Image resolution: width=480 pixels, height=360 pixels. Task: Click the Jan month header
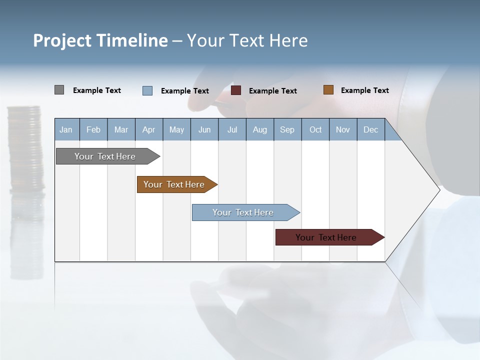pyautogui.click(x=66, y=129)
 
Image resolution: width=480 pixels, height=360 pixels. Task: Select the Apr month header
pyautogui.click(x=149, y=129)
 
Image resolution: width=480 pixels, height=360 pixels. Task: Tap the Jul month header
pyautogui.click(x=232, y=129)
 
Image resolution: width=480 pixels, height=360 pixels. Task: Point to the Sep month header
pyautogui.click(x=287, y=129)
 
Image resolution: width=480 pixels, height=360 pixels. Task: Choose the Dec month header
pyautogui.click(x=370, y=129)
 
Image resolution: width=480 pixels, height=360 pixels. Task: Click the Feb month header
pyautogui.click(x=93, y=129)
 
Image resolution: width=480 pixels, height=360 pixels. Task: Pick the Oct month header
pyautogui.click(x=315, y=129)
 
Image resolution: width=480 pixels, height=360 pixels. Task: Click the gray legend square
pyautogui.click(x=59, y=90)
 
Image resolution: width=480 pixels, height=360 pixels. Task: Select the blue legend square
pyautogui.click(x=147, y=90)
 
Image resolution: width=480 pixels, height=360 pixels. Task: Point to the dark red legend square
pyautogui.click(x=236, y=90)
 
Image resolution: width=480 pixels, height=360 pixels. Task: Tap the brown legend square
pyautogui.click(x=328, y=90)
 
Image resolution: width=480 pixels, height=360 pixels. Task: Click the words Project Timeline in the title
pyautogui.click(x=100, y=40)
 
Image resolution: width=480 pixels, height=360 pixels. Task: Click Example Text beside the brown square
pyautogui.click(x=364, y=90)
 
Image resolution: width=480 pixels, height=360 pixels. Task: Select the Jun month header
pyautogui.click(x=204, y=129)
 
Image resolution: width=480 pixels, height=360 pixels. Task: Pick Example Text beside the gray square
pyautogui.click(x=97, y=90)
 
